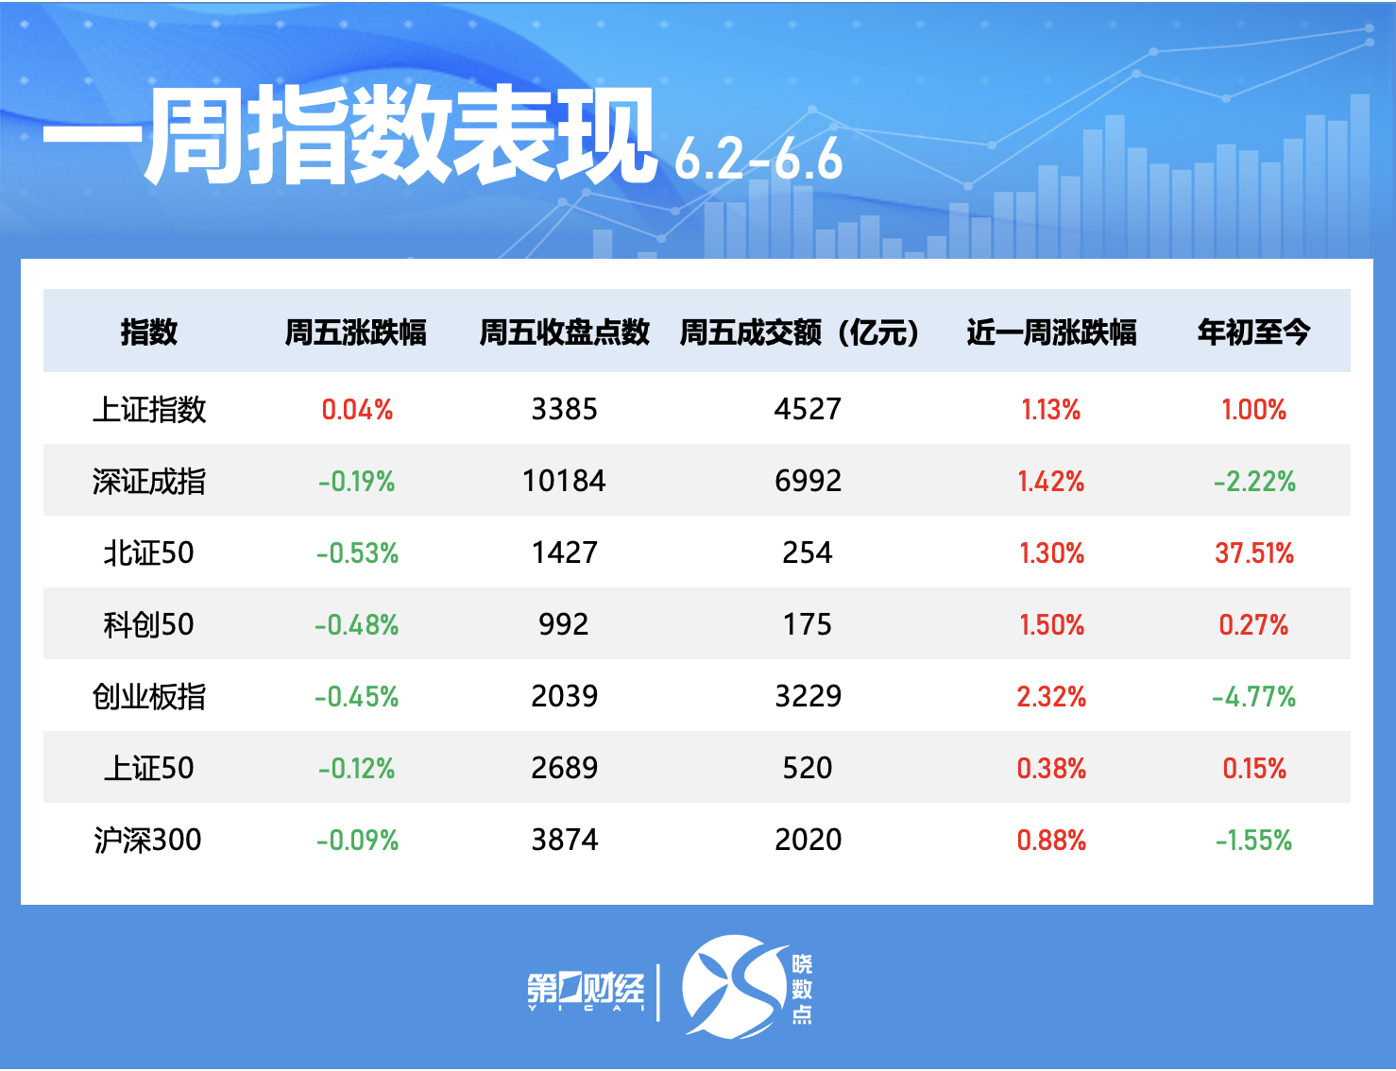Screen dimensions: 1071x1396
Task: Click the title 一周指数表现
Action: coord(349,135)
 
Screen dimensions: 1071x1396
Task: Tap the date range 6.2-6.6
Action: coord(758,160)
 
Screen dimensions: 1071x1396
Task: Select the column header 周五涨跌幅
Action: coord(356,332)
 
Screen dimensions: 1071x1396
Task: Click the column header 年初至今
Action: coord(1253,332)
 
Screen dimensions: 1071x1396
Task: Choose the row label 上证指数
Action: coord(149,410)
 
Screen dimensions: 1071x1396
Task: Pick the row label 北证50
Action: coord(149,553)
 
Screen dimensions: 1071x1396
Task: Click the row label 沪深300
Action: coord(148,841)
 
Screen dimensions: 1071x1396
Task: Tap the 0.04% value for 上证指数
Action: coord(357,410)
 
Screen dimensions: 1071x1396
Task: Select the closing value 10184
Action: coord(564,482)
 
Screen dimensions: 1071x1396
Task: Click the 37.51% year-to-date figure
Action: coord(1254,553)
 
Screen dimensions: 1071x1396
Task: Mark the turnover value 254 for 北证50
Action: coord(808,553)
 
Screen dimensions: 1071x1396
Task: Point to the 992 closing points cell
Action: coord(564,625)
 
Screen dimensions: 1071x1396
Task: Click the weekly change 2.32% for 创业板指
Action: coord(1051,697)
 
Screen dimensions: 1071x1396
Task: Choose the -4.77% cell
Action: coord(1253,697)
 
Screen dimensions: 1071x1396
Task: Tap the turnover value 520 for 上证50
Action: coord(808,769)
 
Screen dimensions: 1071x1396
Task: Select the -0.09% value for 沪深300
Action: coord(357,841)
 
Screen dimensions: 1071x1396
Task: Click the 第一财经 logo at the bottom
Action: coord(586,990)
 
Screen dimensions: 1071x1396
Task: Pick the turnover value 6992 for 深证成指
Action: coord(808,482)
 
